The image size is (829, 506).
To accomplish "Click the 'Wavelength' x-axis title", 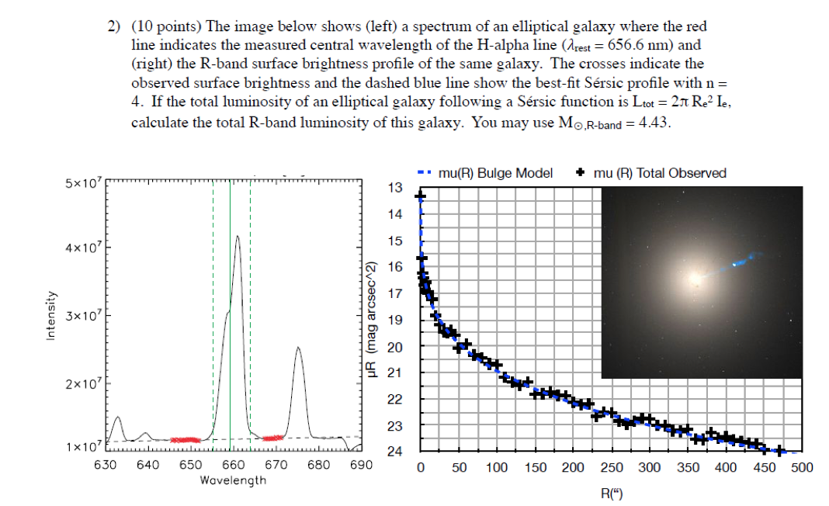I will click(233, 480).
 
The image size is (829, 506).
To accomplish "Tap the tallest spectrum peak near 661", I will click(238, 237).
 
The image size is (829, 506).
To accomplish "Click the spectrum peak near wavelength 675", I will click(298, 348).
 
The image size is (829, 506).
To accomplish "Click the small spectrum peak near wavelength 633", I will click(117, 418).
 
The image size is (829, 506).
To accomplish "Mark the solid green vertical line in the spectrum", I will click(231, 310).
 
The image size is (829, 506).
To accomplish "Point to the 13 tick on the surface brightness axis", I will click(395, 189).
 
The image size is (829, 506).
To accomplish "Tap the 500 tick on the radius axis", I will click(802, 467).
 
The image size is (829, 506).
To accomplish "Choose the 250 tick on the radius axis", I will click(611, 467).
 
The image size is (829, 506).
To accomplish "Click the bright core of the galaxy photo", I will click(692, 278).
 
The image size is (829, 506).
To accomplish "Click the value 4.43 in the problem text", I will click(652, 124).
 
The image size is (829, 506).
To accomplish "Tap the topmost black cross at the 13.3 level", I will click(421, 196).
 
